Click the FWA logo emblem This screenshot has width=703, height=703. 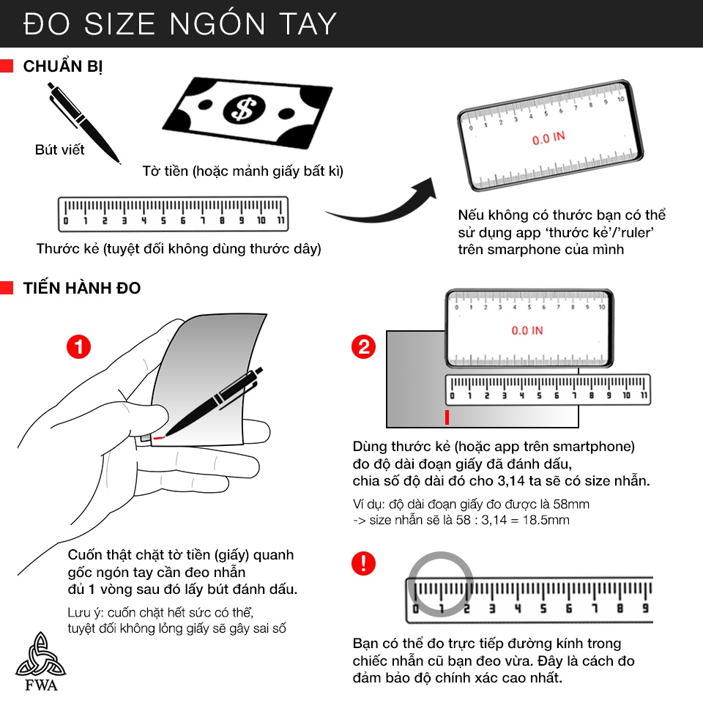coord(41,655)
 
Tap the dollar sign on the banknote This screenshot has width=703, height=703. coord(245,109)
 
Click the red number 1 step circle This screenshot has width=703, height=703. coord(78,346)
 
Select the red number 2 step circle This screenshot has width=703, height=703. coord(364,346)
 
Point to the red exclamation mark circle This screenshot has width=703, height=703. coord(364,564)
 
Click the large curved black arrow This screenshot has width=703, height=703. coord(386,211)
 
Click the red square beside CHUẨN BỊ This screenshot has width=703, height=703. coord(7,65)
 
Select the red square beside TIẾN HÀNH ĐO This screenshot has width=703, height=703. coord(7,287)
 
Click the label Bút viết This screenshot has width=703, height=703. coord(59,149)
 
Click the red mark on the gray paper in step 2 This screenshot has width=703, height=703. coord(447,417)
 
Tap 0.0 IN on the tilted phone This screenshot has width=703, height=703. coord(548,138)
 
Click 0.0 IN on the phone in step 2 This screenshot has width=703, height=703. coord(527,331)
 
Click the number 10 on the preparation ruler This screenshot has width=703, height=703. coord(261,220)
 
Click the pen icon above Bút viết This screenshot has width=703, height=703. coord(83,122)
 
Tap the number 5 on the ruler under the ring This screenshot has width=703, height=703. coord(543,609)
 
